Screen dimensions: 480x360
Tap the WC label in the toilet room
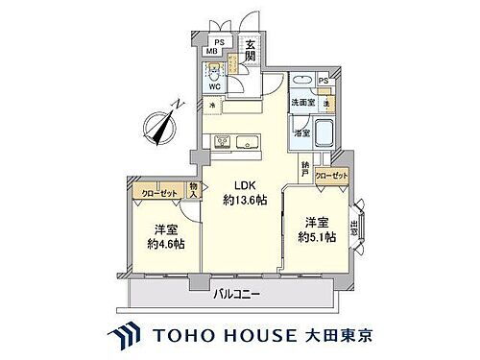click(216, 84)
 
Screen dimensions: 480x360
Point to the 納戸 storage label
click(304, 166)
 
